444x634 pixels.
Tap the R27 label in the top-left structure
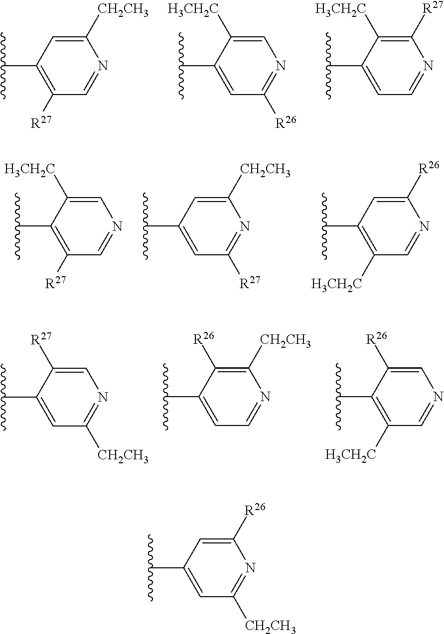(x=42, y=123)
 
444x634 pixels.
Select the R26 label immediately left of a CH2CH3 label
(x=202, y=341)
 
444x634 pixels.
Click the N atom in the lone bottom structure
(x=251, y=568)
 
